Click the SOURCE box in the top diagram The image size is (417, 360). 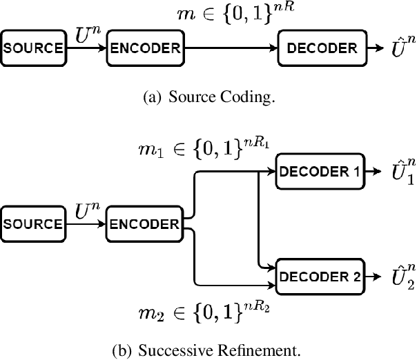35,48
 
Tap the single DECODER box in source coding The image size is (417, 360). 322,48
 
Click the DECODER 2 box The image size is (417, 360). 318,277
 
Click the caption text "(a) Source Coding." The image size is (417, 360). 208,98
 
